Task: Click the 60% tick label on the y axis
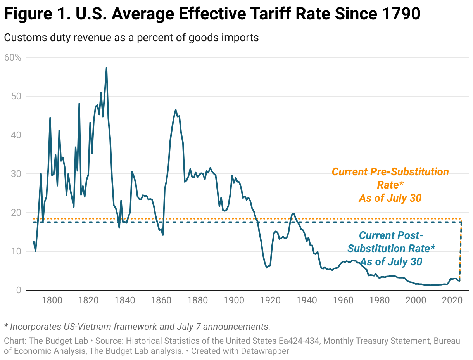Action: click(12, 57)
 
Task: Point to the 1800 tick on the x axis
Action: click(52, 300)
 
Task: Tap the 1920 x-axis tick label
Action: click(271, 300)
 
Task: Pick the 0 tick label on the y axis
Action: click(17, 290)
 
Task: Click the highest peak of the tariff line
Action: click(106, 68)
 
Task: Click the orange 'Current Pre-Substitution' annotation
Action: click(390, 172)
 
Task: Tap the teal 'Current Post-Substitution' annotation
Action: click(391, 235)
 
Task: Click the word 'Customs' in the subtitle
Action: click(20, 38)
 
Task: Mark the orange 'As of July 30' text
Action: click(390, 198)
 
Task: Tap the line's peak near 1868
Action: click(176, 109)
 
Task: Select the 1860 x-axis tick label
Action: click(161, 300)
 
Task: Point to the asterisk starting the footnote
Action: click(6, 325)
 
